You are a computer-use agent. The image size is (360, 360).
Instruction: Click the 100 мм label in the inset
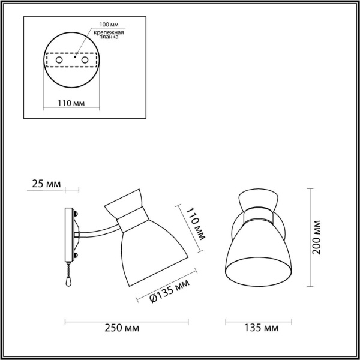(104, 26)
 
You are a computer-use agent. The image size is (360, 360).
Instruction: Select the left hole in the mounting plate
(58, 61)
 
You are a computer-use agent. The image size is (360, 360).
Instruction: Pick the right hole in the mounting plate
(85, 61)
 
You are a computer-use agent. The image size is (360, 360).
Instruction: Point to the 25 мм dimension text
(45, 183)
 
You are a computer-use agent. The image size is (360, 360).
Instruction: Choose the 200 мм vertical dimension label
(317, 237)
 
